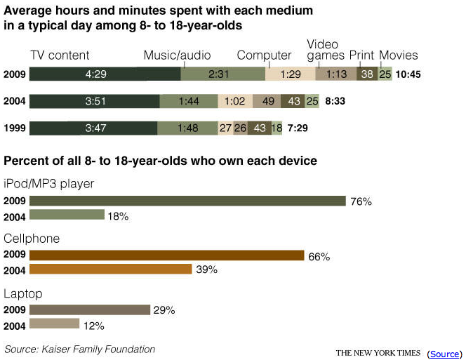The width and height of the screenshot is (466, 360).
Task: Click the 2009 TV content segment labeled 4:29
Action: [105, 74]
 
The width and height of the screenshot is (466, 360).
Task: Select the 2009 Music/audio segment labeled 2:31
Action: [223, 74]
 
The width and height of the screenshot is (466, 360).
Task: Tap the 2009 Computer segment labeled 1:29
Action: [291, 74]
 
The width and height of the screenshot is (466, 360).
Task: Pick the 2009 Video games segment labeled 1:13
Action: [336, 74]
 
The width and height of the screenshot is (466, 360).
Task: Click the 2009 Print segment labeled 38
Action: [366, 74]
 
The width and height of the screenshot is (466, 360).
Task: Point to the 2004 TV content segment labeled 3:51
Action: [94, 101]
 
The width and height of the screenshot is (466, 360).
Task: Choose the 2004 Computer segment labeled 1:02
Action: [234, 101]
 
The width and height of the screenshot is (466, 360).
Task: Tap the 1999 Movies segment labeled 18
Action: [277, 128]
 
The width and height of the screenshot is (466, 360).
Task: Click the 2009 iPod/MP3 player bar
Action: [187, 201]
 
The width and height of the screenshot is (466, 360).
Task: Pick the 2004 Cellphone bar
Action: [110, 269]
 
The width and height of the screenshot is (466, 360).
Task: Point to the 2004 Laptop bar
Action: [54, 324]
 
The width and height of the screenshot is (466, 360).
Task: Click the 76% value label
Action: [361, 201]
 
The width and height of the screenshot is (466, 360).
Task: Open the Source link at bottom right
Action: [444, 354]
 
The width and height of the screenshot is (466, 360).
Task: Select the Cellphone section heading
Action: [32, 239]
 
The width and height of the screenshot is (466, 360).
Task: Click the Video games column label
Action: [326, 50]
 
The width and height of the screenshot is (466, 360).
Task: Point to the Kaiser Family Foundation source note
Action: [79, 349]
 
